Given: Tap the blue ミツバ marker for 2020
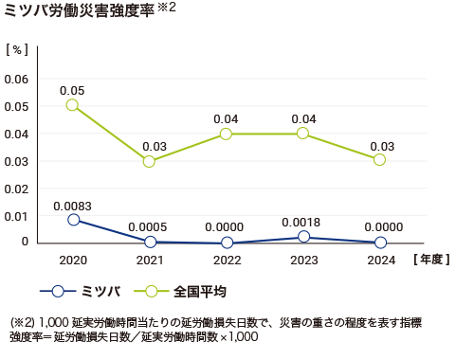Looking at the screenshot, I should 72,220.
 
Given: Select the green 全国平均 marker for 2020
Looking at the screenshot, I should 72,105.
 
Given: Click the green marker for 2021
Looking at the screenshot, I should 149,161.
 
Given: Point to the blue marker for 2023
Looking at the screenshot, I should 302,237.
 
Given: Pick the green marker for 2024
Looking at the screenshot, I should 379,160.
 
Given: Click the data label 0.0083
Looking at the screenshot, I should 72,205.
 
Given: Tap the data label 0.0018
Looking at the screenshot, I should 302,222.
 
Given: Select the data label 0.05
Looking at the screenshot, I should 72,90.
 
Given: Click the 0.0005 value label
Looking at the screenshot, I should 149,227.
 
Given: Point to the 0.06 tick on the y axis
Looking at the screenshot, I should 17,78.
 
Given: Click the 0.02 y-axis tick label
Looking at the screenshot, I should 17,188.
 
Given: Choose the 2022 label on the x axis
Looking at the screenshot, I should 226,259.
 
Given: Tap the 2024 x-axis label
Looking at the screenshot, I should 379,259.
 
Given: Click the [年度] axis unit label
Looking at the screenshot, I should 433,259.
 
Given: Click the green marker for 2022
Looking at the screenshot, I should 226,134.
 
